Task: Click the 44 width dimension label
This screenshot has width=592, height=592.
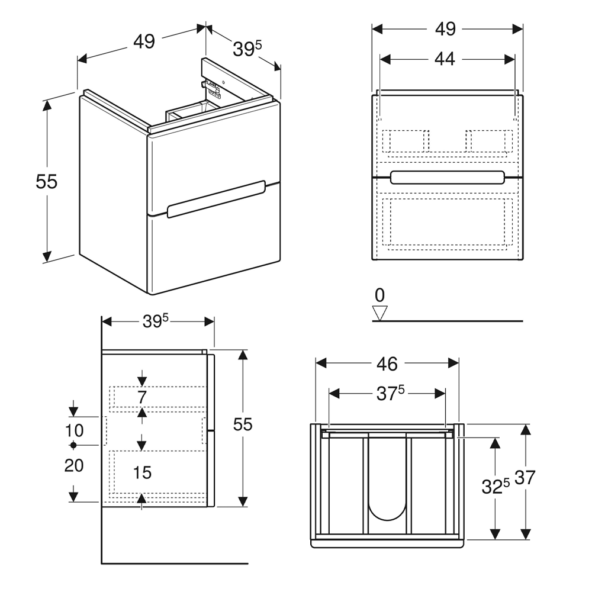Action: tap(445, 59)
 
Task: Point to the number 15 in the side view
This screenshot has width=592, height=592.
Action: tap(142, 472)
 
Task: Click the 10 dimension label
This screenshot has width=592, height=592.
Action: tap(74, 430)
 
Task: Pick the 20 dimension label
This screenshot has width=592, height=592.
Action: tap(74, 466)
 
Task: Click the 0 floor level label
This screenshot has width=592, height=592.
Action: tap(379, 294)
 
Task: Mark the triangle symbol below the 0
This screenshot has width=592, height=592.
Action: tap(379, 313)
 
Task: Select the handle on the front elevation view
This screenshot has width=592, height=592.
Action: tap(448, 177)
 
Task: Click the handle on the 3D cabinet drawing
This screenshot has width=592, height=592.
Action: tap(215, 200)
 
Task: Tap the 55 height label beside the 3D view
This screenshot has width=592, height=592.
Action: tap(46, 182)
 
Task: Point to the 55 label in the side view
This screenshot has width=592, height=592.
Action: tap(243, 424)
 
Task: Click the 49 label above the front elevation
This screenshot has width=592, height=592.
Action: tap(446, 28)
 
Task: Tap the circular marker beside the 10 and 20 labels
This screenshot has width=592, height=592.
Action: tap(73, 444)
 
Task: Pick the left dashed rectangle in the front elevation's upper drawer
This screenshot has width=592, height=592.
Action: tap(406, 141)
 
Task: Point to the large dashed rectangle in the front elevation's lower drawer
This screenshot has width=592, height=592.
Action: tap(447, 221)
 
